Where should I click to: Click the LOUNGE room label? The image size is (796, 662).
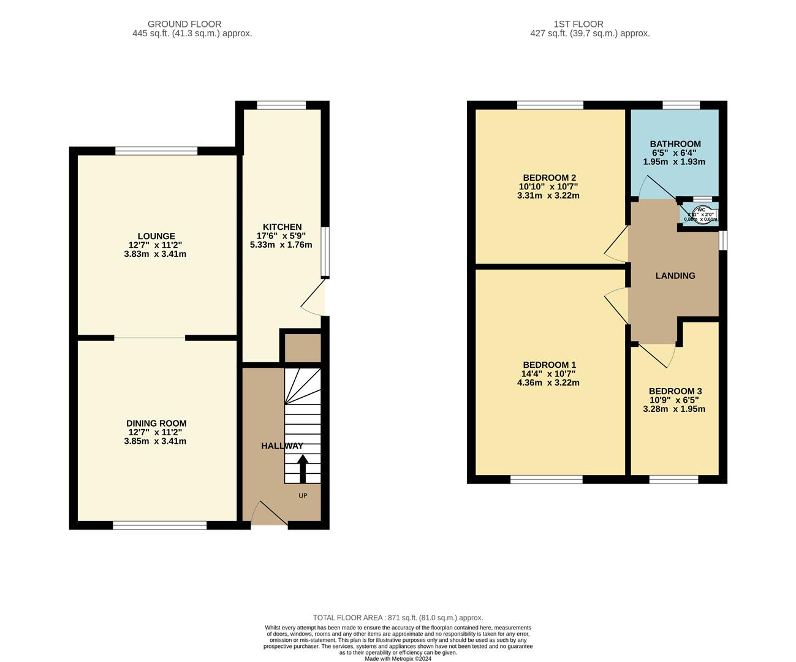point(156,236)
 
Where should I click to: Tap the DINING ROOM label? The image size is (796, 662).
point(156,423)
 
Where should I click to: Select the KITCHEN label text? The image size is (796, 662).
point(282,227)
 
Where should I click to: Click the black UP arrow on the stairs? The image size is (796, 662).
point(303,468)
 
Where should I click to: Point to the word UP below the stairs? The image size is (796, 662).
point(303,495)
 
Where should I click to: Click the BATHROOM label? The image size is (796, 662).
point(675,144)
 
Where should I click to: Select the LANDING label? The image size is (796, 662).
point(675,276)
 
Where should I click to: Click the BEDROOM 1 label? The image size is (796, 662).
point(549,365)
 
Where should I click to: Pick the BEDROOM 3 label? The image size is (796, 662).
point(675,391)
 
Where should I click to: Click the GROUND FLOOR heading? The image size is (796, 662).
point(193,24)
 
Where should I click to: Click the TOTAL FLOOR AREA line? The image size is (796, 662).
point(398,618)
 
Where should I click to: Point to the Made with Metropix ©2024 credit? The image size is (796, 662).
point(398,659)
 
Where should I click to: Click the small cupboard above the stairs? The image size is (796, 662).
point(300,348)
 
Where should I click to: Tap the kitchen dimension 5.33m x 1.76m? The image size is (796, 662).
point(281,245)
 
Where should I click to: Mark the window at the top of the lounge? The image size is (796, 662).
point(156,151)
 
